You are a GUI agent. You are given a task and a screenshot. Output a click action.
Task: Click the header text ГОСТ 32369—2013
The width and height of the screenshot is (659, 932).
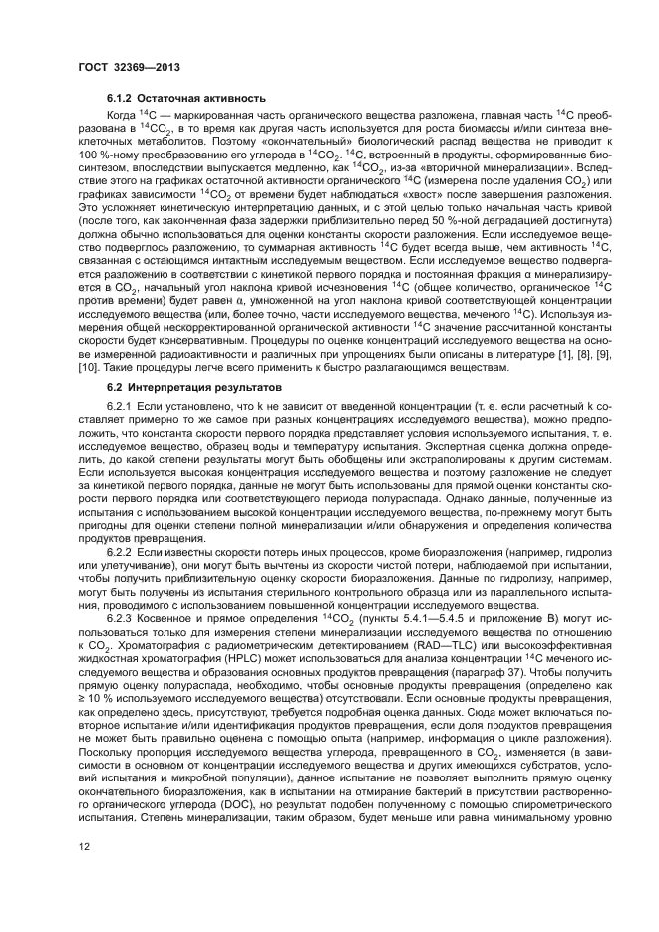coord(123,69)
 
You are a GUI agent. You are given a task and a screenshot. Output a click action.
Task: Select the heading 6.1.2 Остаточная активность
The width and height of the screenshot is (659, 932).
coord(185,99)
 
